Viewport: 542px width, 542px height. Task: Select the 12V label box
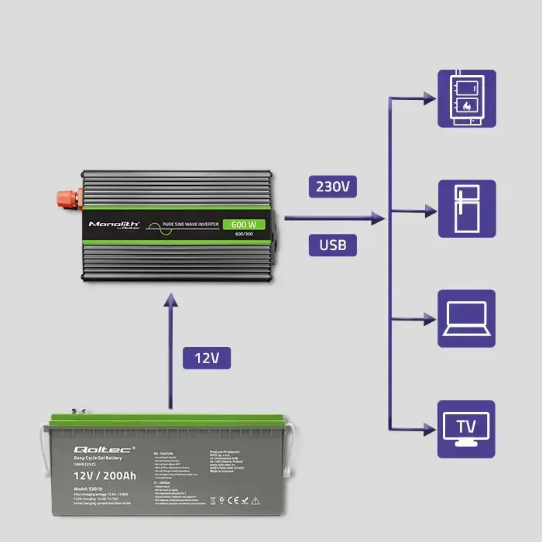(207, 358)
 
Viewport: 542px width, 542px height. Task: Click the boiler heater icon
(467, 98)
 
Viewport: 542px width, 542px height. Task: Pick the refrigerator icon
(467, 209)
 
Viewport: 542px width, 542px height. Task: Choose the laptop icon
(467, 318)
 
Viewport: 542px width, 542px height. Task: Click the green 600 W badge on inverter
(243, 225)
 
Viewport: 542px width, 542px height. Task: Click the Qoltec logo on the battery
(93, 450)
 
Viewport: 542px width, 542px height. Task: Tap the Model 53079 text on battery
(91, 489)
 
